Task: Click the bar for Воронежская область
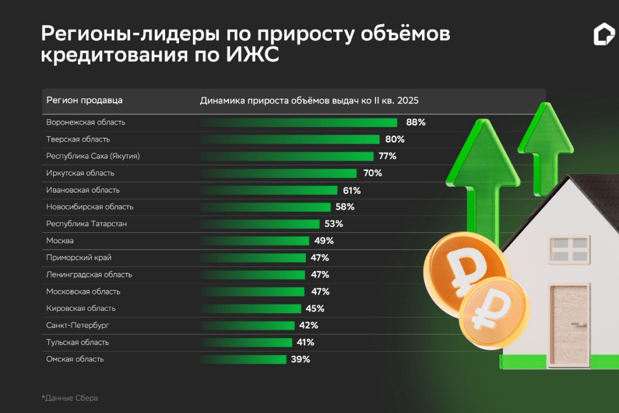299,123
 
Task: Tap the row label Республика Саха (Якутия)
93,156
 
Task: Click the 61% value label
351,190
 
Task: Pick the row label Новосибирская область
89,207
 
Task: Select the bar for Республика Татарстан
260,224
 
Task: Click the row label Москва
60,241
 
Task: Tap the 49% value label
324,241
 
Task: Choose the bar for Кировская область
250,308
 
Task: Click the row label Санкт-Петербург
77,325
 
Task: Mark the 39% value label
300,359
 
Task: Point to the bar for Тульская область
246,342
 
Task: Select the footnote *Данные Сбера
70,398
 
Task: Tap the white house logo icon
603,35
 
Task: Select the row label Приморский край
79,258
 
